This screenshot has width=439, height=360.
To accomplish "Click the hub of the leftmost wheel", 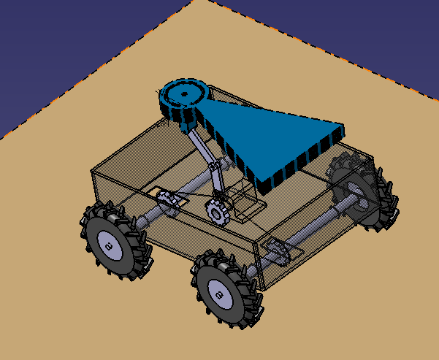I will (x=108, y=246).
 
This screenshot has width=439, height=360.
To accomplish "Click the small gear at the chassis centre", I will (x=217, y=212).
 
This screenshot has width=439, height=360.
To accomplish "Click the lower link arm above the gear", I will (x=216, y=186).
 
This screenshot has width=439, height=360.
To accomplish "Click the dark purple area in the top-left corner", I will (x=44, y=44).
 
